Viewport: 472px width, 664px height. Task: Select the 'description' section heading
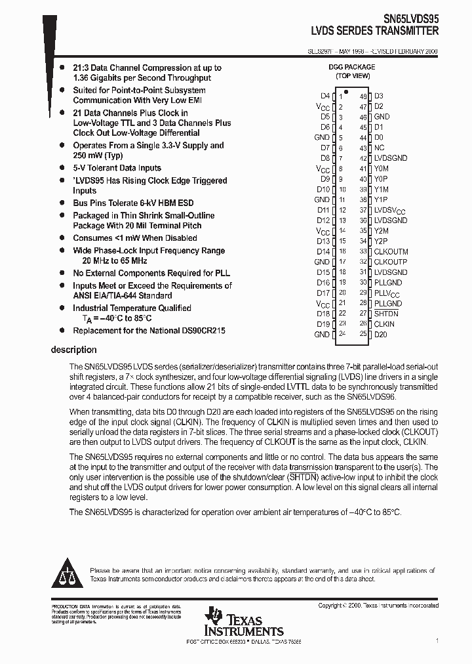pos(73,350)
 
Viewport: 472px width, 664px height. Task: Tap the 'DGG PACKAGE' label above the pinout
pos(352,67)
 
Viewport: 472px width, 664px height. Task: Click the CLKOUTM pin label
pos(391,251)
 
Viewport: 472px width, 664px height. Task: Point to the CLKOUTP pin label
pos(391,262)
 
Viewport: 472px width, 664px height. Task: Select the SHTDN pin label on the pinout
pos(386,314)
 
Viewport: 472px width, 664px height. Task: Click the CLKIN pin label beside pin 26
pos(384,324)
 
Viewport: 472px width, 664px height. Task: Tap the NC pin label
pos(379,148)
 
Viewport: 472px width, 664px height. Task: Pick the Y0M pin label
pos(381,168)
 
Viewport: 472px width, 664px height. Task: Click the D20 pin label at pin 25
pos(380,335)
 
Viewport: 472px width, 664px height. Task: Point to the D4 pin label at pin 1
pos(325,96)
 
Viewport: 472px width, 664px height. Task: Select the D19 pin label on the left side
pos(323,324)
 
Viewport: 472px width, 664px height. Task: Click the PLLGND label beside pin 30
pos(387,282)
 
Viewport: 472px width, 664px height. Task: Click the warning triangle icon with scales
pos(69,573)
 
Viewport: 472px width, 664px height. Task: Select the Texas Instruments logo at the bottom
pos(243,623)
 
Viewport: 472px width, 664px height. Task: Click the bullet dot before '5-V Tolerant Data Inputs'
pos(62,168)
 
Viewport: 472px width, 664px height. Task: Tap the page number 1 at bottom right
pos(437,640)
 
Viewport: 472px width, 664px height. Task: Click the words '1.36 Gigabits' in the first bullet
pos(99,77)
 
